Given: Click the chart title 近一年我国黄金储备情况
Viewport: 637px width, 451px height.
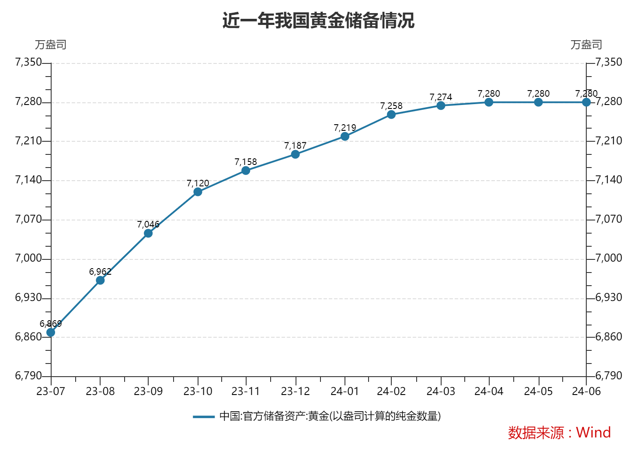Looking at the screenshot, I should coord(318,21).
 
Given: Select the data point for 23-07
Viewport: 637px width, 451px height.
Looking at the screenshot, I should coord(51,332).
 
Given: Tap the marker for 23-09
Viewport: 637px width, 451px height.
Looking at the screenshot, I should coord(148,233).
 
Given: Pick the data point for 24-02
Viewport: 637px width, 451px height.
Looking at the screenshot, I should coord(391,115).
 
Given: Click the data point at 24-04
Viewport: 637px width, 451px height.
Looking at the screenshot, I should coord(489,102).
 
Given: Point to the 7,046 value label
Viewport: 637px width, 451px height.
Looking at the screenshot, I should coord(148,224).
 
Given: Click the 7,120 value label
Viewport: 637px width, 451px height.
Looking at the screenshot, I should coord(198,183).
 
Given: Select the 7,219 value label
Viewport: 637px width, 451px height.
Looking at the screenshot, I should coord(345,128).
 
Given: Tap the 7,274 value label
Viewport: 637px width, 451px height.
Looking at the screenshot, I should coord(441,97).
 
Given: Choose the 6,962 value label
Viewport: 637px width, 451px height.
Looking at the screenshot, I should coord(100,272).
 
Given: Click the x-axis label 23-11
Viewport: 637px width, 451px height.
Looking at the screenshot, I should coord(246,391).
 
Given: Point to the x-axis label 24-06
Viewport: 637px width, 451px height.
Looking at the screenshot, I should coord(586,391).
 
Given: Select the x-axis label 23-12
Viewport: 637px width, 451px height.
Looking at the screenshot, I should coord(295,391).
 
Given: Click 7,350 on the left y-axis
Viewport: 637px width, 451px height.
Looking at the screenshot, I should coord(28,62).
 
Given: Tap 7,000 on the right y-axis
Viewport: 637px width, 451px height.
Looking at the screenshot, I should coord(609,258).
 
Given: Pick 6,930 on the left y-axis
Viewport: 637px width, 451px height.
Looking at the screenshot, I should coord(28,297).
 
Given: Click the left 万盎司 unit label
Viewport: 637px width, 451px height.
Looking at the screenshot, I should coord(51,45).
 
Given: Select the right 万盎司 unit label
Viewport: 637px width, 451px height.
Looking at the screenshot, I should coord(586,45).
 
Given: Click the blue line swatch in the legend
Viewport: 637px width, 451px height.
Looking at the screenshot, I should coord(204,416).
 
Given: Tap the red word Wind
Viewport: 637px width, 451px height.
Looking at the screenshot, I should coord(593,433).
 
